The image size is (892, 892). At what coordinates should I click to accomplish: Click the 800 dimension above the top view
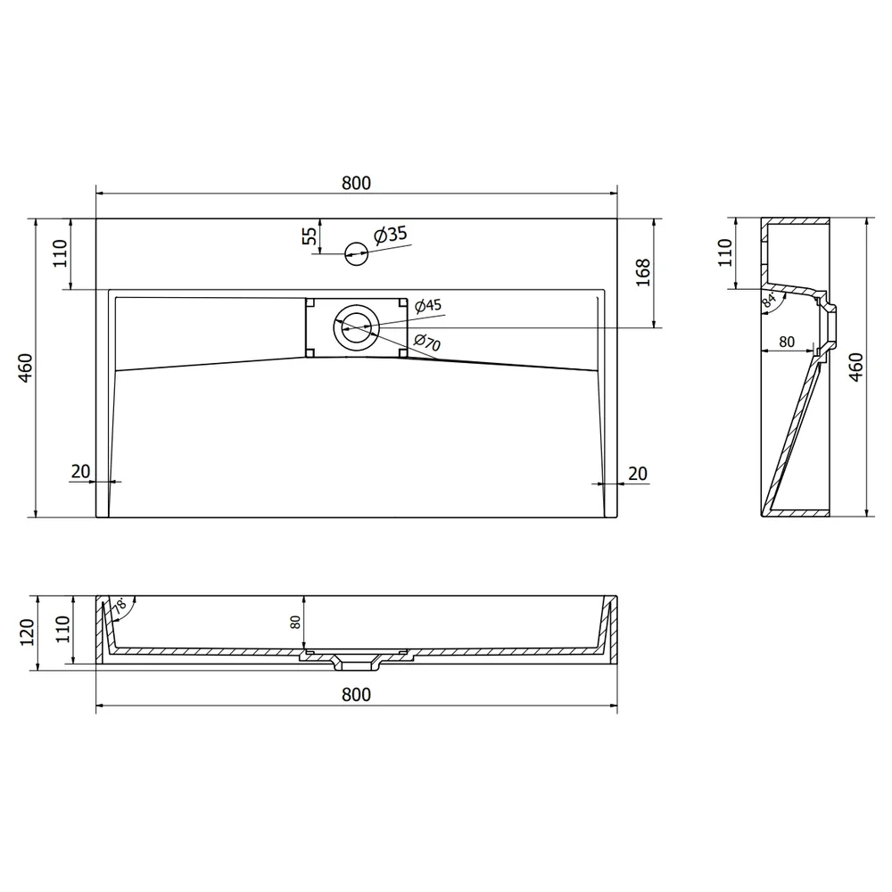356,183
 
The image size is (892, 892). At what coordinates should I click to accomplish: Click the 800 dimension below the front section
356,695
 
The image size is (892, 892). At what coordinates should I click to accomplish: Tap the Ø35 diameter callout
391,234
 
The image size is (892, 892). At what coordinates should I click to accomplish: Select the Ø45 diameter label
428,305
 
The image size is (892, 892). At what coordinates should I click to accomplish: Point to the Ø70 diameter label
427,342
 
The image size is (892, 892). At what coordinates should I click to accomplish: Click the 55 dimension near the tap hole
309,235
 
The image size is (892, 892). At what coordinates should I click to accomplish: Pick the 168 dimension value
643,272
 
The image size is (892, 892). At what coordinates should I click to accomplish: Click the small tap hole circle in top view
357,253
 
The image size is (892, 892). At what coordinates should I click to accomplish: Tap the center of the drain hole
356,327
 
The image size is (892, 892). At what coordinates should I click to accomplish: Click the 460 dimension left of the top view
26,368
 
